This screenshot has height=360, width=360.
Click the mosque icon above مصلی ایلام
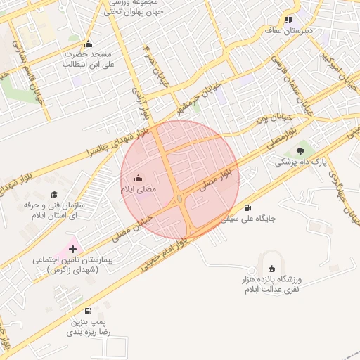pyautogui.click(x=137, y=178)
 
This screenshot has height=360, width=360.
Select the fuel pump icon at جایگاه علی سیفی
pyautogui.click(x=247, y=207)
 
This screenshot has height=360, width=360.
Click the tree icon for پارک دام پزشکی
pyautogui.click(x=301, y=150)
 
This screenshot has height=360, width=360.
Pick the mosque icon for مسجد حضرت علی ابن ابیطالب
pyautogui.click(x=87, y=42)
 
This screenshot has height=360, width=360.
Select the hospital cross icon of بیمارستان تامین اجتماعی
pyautogui.click(x=72, y=249)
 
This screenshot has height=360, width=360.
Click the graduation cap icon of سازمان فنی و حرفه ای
pyautogui.click(x=54, y=194)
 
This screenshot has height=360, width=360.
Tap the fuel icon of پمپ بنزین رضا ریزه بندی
pyautogui.click(x=87, y=311)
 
